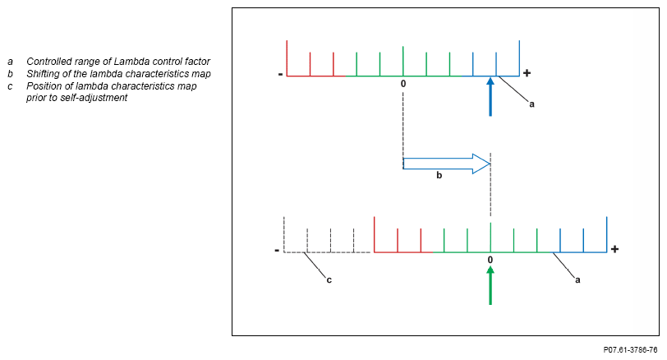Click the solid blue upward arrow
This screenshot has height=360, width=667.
[x=490, y=96]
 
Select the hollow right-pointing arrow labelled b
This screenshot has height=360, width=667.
[x=446, y=163]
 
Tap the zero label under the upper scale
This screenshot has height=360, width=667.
[x=403, y=84]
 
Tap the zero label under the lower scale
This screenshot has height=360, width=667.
[x=490, y=260]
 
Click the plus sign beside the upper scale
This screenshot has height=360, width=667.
[x=527, y=73]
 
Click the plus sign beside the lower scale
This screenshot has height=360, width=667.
[x=614, y=249]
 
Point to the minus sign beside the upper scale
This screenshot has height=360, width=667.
[x=280, y=74]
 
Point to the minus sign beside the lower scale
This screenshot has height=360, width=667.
[x=277, y=250]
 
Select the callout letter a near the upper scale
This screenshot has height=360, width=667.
[x=531, y=104]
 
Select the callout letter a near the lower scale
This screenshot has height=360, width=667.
[x=577, y=279]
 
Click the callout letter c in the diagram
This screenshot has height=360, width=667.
[x=329, y=280]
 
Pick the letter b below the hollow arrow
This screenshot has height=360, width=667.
[x=439, y=176]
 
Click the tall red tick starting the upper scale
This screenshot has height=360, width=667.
[x=287, y=58]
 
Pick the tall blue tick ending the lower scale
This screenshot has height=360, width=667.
[x=607, y=234]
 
